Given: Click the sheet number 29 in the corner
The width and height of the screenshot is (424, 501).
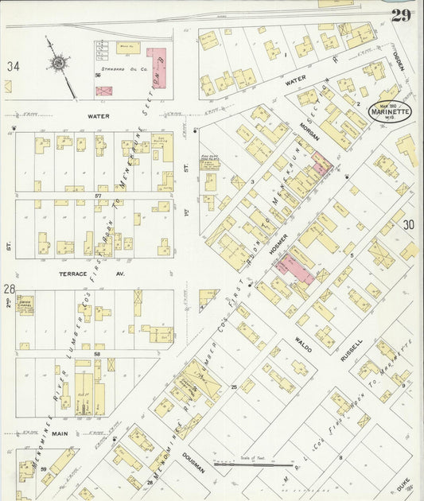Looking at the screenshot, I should click(x=400, y=15).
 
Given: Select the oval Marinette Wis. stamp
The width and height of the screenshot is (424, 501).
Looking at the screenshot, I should click(x=390, y=111).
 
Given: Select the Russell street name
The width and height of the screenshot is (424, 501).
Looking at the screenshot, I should click(x=351, y=350).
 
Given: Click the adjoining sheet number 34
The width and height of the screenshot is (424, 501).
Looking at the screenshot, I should click(x=12, y=67).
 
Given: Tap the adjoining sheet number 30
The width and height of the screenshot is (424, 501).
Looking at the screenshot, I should click(x=408, y=225).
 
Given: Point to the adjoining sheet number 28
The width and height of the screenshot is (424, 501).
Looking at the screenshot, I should click(x=10, y=289).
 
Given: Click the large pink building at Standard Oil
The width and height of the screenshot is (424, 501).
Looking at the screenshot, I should click(x=158, y=68).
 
